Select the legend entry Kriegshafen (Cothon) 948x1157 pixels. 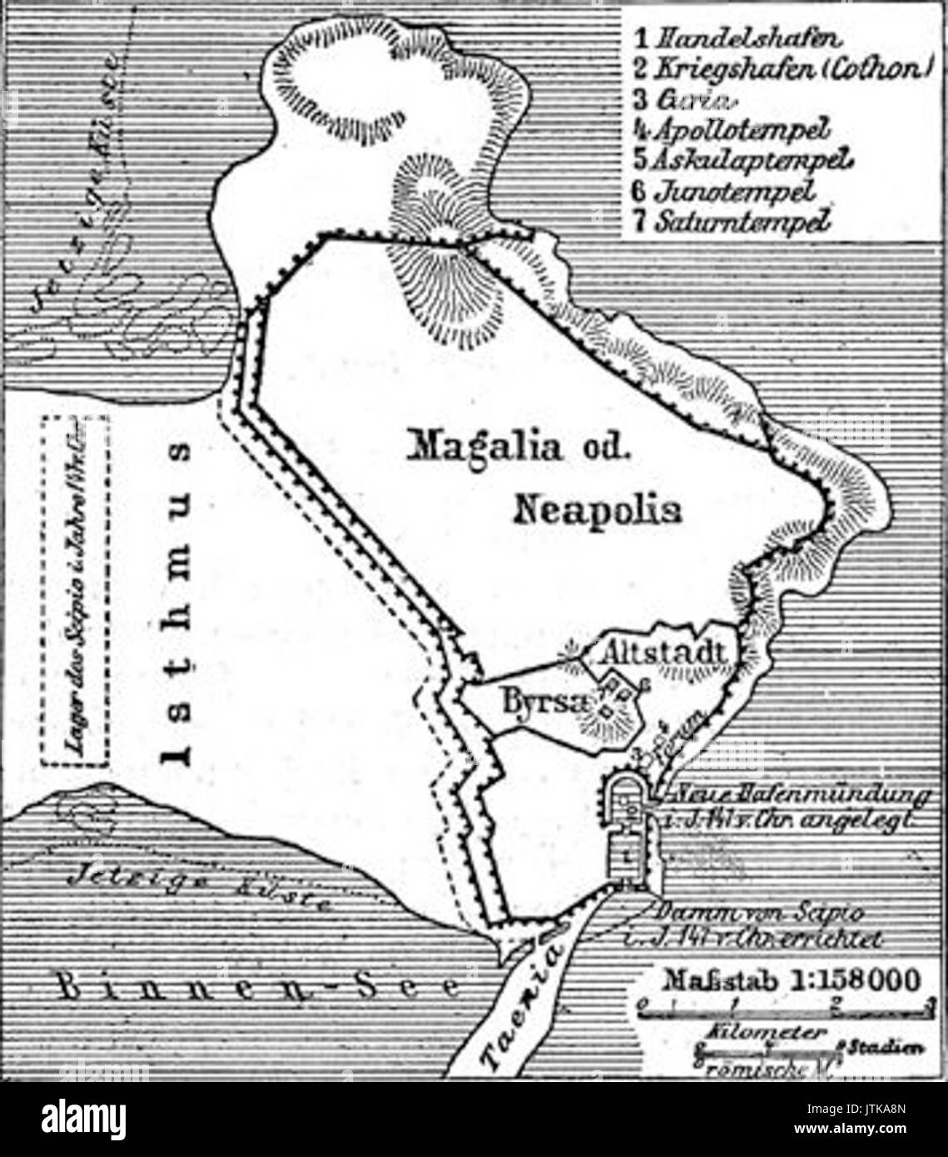coord(780,68)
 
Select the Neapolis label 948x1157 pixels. coord(598,509)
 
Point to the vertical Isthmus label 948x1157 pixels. coord(181,603)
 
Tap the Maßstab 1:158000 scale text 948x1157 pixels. coord(791,979)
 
